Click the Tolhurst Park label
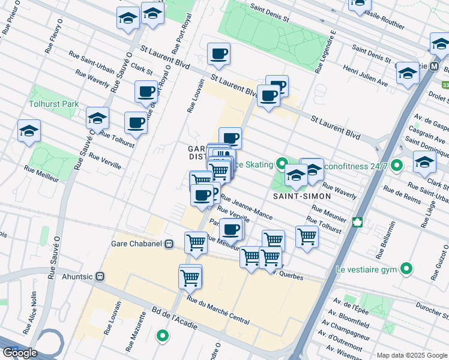pyautogui.click(x=53, y=104)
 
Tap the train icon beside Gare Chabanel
pyautogui.click(x=169, y=244)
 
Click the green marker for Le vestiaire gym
pyautogui.click(x=406, y=268)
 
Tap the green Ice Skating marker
pyautogui.click(x=281, y=163)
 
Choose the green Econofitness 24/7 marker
pyautogui.click(x=396, y=164)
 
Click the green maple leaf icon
pyautogui.click(x=359, y=223)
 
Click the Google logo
pyautogui.click(x=19, y=353)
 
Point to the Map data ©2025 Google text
pyautogui.click(x=411, y=355)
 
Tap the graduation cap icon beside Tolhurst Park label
pyautogui.click(x=97, y=119)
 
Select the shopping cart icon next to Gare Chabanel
pyautogui.click(x=196, y=242)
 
